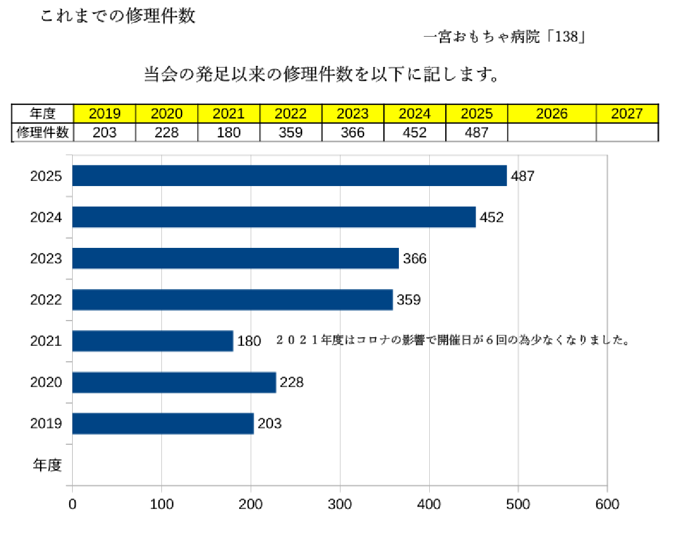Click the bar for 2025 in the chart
(x=289, y=176)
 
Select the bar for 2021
(x=152, y=341)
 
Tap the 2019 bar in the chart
(x=163, y=424)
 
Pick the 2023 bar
(x=235, y=258)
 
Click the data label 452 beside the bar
(x=492, y=218)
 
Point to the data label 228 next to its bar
(x=291, y=382)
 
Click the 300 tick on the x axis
(x=340, y=504)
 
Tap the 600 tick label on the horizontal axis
(x=607, y=504)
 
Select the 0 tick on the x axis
(x=72, y=504)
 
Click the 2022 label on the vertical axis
(x=46, y=299)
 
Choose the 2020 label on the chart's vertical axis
(x=46, y=382)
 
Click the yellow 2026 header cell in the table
(x=551, y=113)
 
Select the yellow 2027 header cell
(x=627, y=113)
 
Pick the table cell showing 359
(x=291, y=133)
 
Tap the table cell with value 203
(x=104, y=133)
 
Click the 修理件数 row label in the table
(x=43, y=133)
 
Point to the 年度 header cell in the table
(x=43, y=113)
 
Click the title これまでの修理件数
(x=118, y=16)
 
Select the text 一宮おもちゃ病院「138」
(x=503, y=38)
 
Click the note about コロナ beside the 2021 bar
(x=453, y=341)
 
